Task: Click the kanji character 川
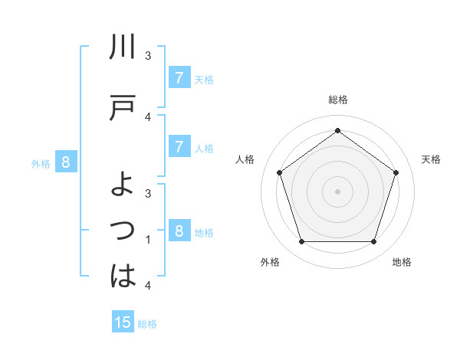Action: (123, 48)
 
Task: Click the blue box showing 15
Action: (123, 322)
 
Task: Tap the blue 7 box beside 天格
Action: (179, 77)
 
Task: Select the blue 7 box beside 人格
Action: (179, 146)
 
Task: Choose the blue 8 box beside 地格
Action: (179, 231)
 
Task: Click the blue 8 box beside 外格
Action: (66, 162)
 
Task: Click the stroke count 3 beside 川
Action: (148, 56)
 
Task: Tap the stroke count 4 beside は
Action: (148, 286)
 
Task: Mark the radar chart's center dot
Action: (337, 191)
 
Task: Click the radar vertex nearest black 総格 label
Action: (337, 129)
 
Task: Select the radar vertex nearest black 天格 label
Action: (396, 172)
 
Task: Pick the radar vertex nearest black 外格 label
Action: (301, 241)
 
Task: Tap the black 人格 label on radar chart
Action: (245, 159)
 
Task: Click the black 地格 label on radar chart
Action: (402, 262)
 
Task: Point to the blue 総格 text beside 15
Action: (147, 324)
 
